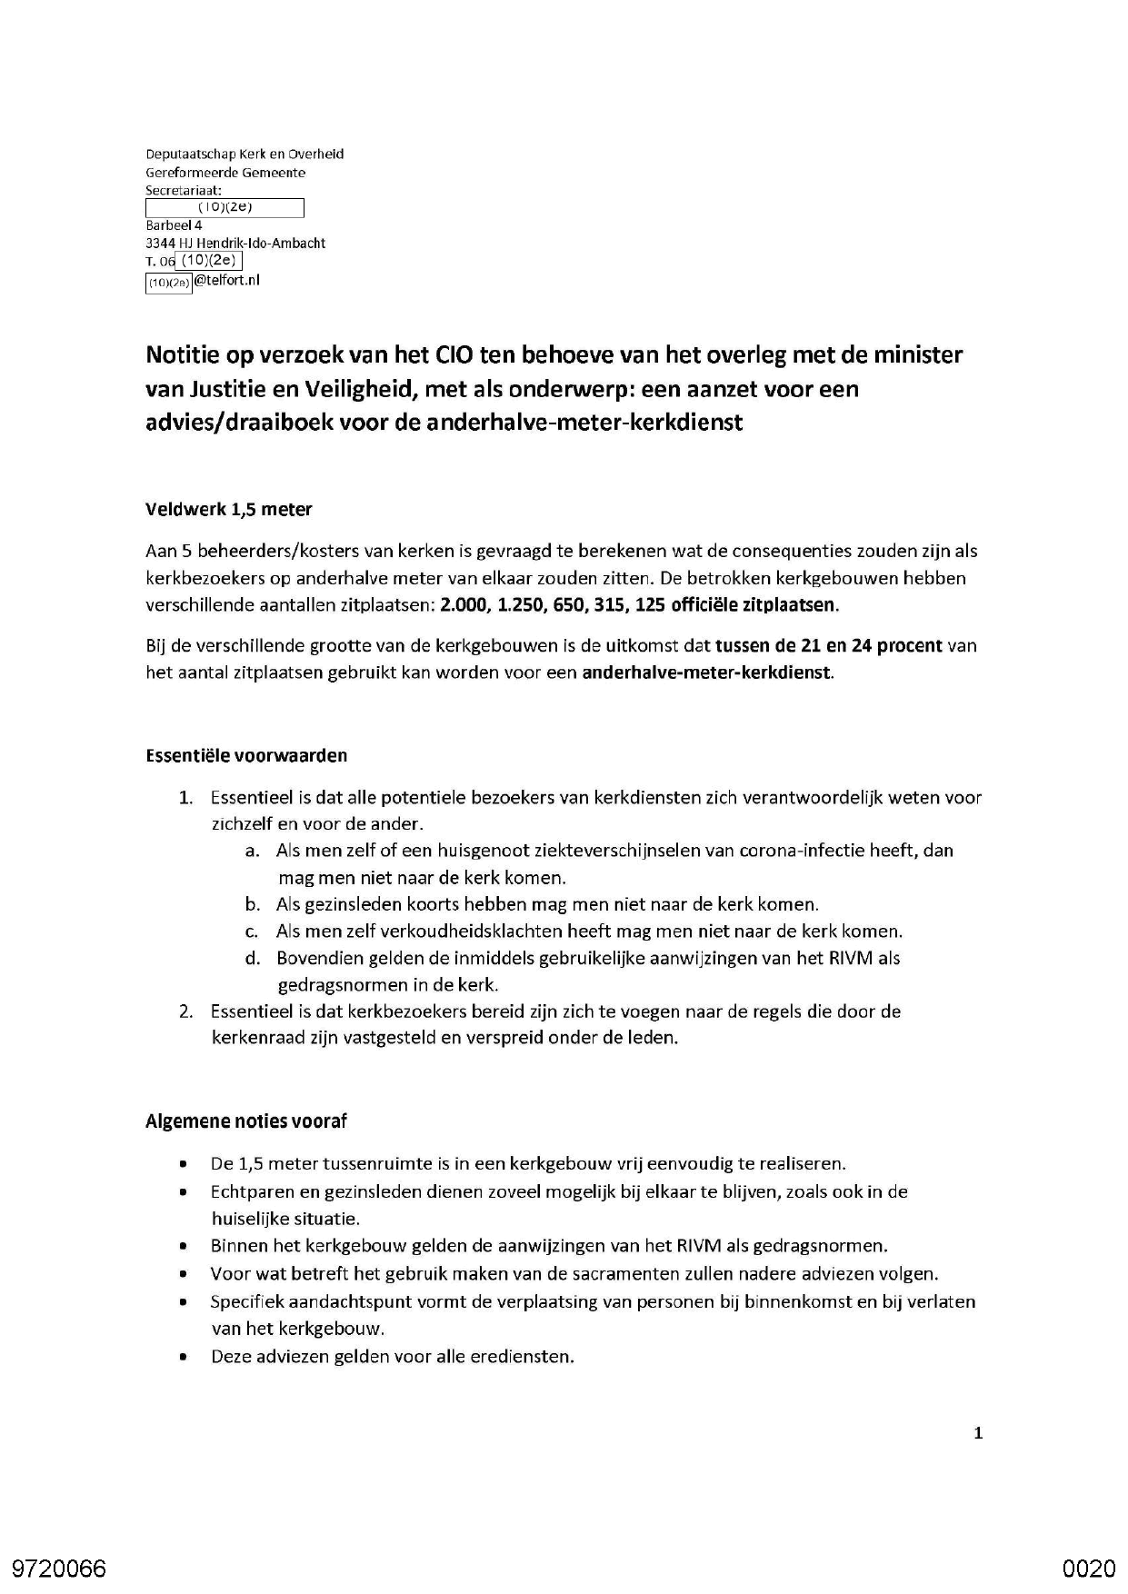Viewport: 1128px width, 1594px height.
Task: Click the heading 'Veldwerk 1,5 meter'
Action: [228, 510]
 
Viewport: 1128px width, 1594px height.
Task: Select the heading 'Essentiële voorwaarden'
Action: [245, 755]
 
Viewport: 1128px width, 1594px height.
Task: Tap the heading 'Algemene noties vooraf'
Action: [245, 1121]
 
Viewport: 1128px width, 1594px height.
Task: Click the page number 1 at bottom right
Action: [978, 1434]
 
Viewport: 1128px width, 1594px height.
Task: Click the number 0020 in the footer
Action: [1088, 1569]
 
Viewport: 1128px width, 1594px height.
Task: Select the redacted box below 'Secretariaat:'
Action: [225, 208]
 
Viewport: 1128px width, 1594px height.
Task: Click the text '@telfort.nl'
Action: [226, 281]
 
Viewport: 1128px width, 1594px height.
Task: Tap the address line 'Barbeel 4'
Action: [174, 225]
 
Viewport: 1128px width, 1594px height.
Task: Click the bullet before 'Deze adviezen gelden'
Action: [185, 1357]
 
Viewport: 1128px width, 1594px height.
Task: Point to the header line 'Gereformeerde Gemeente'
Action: [225, 173]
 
